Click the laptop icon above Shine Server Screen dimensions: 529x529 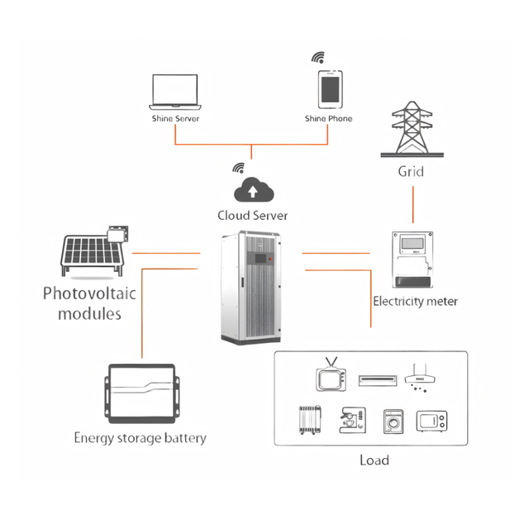(175, 92)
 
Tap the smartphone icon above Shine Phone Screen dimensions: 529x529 (331, 89)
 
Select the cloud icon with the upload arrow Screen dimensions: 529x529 (254, 189)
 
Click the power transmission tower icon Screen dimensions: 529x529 (412, 129)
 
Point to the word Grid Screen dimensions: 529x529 (411, 171)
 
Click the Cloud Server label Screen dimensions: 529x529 (253, 216)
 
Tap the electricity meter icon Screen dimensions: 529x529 (412, 260)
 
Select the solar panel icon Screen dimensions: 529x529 (94, 251)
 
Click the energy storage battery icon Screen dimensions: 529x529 (141, 393)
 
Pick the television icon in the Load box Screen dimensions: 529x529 (331, 374)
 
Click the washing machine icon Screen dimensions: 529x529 (393, 422)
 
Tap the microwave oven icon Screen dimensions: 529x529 (431, 421)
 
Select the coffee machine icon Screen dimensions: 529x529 (352, 420)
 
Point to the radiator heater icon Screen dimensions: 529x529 (310, 420)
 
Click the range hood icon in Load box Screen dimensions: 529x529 (420, 378)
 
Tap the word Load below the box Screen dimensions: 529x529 (374, 460)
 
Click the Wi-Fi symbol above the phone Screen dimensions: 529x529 (318, 57)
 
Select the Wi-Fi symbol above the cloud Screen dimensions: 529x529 (239, 168)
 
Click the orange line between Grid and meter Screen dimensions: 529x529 (413, 205)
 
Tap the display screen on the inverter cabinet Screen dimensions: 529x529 (260, 259)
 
